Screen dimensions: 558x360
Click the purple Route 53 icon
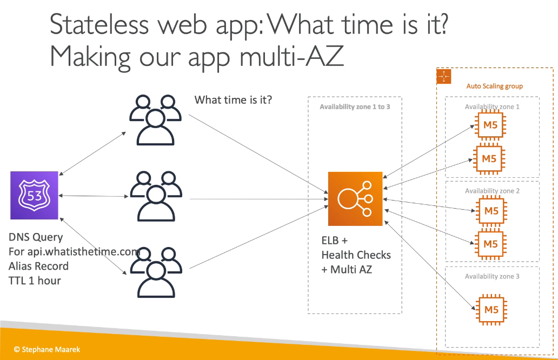pos(34,195)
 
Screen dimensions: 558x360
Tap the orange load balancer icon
pos(355,199)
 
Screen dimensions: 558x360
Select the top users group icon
pos(155,120)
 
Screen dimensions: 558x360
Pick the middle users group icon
pos(156,196)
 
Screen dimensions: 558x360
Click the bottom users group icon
pos(156,272)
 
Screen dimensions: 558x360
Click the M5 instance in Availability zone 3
pos(491,310)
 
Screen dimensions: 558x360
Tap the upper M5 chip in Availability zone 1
pos(490,125)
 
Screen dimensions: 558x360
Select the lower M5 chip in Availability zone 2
pos(490,244)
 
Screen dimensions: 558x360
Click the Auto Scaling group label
pos(495,86)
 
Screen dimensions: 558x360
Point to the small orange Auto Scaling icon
pos(444,76)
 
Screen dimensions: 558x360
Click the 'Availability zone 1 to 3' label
pos(355,106)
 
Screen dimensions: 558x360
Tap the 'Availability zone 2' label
pos(492,191)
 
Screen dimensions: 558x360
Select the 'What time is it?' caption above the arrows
pos(233,100)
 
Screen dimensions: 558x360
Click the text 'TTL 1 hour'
pos(35,281)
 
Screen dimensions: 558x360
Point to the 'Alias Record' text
pos(38,266)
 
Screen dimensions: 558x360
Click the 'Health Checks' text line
pos(356,255)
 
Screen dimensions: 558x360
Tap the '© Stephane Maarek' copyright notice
pos(47,349)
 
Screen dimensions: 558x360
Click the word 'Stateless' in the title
pos(99,24)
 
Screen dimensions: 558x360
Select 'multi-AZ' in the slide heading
pos(291,56)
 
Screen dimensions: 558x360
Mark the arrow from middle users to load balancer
pos(258,199)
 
